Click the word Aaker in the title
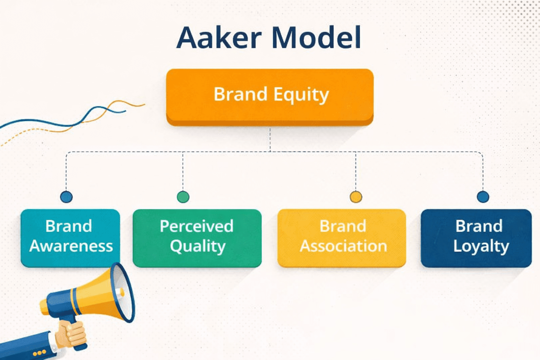[219, 38]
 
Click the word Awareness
[71, 246]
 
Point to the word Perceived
[197, 226]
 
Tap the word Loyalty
[481, 246]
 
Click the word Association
[343, 246]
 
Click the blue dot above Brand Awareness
[66, 197]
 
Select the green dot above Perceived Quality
[183, 197]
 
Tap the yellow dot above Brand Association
[356, 197]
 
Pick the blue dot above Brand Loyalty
[483, 197]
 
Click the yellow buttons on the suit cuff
[39, 352]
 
